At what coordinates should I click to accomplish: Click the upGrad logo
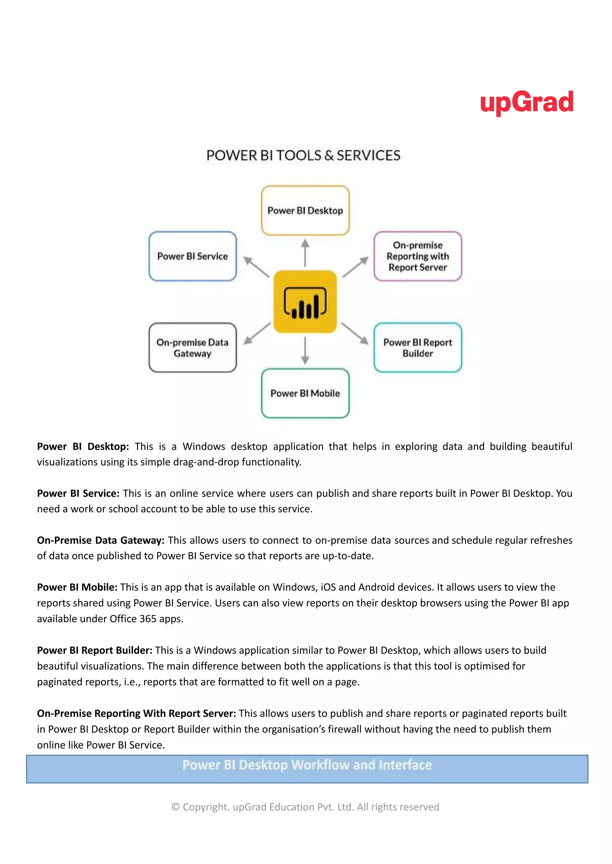coord(527,102)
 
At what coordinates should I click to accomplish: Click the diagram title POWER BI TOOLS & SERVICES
coord(303,156)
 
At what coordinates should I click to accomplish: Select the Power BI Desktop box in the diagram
coord(305,211)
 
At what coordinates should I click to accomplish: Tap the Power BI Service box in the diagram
coord(192,256)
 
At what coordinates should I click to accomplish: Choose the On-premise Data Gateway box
coord(192,348)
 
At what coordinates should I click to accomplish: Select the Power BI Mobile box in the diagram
coord(305,393)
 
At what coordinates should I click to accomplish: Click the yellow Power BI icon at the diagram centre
coord(305,302)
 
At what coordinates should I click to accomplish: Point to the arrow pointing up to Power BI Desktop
coord(305,253)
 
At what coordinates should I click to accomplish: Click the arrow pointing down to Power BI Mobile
coord(305,350)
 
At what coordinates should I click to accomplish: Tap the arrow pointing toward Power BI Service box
coord(256,267)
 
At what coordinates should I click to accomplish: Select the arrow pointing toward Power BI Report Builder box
coord(355,333)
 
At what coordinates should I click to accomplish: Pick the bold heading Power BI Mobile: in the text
coord(77,587)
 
